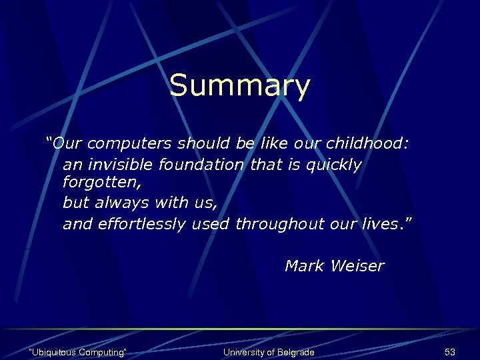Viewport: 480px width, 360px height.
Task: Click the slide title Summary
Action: pyautogui.click(x=239, y=86)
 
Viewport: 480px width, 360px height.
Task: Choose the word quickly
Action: pyautogui.click(x=333, y=165)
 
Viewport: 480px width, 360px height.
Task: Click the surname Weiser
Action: pyautogui.click(x=357, y=266)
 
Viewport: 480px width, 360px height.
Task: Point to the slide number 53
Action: pyautogui.click(x=449, y=352)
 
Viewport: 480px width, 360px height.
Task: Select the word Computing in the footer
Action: pyautogui.click(x=102, y=352)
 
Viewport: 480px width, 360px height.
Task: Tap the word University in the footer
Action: pyautogui.click(x=243, y=352)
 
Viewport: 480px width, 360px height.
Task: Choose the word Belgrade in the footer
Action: pyautogui.click(x=295, y=352)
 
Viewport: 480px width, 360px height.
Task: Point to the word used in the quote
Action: pyautogui.click(x=211, y=224)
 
